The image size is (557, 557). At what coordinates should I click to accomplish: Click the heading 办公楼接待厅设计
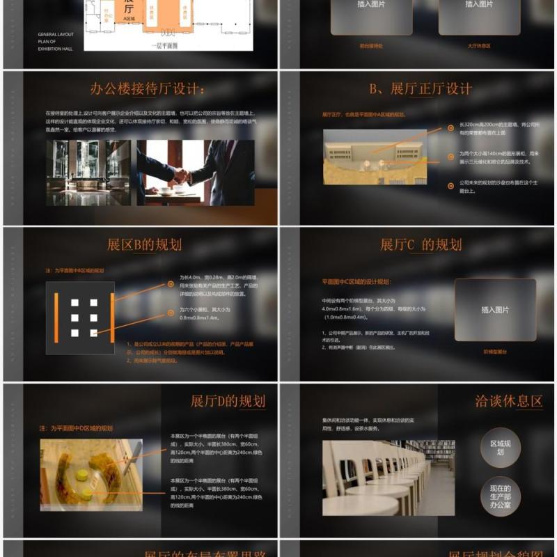pyautogui.click(x=148, y=89)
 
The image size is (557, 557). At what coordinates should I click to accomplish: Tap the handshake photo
pyautogui.click(x=196, y=173)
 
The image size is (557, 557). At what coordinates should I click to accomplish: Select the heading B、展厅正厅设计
pyautogui.click(x=421, y=89)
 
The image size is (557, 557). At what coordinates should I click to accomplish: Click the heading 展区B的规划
pyautogui.click(x=144, y=244)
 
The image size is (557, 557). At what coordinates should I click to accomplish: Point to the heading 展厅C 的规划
pyautogui.click(x=421, y=244)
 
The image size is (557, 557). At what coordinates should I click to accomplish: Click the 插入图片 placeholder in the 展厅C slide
pyautogui.click(x=495, y=310)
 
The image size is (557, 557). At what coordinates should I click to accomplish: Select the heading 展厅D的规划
pyautogui.click(x=228, y=401)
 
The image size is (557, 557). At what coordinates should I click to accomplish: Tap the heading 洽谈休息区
pyautogui.click(x=508, y=401)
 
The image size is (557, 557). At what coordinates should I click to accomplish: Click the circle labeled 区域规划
pyautogui.click(x=501, y=447)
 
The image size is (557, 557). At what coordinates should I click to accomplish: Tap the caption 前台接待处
pyautogui.click(x=371, y=46)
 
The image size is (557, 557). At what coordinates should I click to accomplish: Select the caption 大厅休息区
pyautogui.click(x=479, y=46)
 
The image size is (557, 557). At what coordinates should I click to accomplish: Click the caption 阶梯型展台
pyautogui.click(x=495, y=352)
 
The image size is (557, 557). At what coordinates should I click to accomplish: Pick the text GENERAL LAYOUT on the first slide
pyautogui.click(x=56, y=34)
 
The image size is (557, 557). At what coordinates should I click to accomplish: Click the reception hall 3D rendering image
pyautogui.click(x=375, y=157)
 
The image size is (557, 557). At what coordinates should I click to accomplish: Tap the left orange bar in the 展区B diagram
pyautogui.click(x=56, y=317)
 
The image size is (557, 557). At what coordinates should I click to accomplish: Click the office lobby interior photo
pyautogui.click(x=88, y=173)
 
